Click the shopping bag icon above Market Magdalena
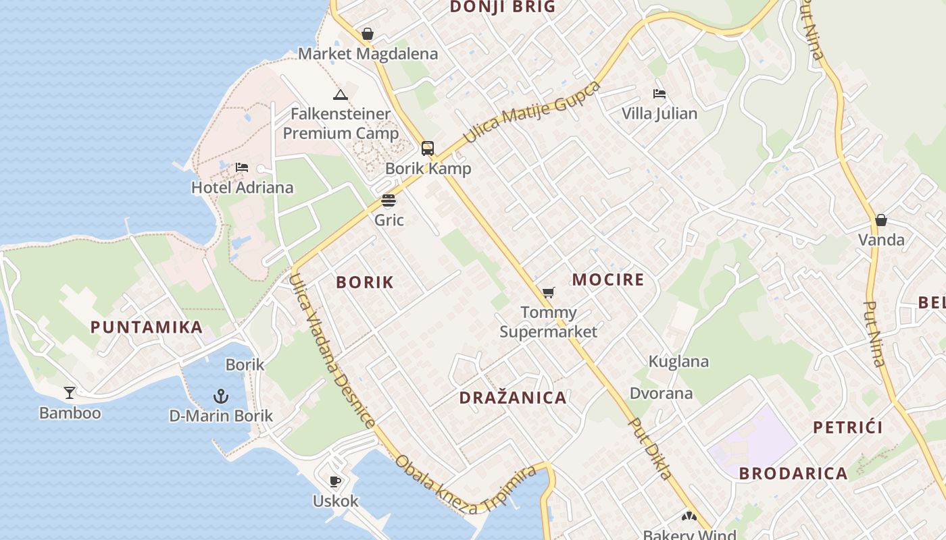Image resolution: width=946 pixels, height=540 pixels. point(368,34)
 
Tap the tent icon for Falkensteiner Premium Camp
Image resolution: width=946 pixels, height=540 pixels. point(341,94)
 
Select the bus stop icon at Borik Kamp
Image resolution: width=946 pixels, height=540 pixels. point(428,148)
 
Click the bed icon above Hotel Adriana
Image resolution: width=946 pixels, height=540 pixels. point(242,167)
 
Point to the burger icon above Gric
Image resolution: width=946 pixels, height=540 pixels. point(389,200)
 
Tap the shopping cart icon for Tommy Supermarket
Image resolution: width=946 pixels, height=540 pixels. point(548,293)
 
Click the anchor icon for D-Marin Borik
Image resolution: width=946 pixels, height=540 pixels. point(220,396)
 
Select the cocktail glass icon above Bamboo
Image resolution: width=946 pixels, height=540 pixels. point(70,393)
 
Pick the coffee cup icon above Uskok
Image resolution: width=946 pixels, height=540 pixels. point(335,481)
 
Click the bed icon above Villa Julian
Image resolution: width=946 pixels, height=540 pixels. point(659,94)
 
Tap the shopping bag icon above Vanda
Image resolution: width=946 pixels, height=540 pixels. point(881,220)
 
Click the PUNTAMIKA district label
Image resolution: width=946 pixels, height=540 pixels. point(147,327)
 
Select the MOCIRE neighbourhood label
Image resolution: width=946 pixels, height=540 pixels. point(608,279)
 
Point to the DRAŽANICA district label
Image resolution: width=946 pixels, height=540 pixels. point(513,398)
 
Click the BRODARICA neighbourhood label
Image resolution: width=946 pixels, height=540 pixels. point(793,473)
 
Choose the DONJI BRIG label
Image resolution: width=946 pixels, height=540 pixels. point(502,7)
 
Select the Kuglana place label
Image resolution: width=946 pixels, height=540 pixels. point(678,362)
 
